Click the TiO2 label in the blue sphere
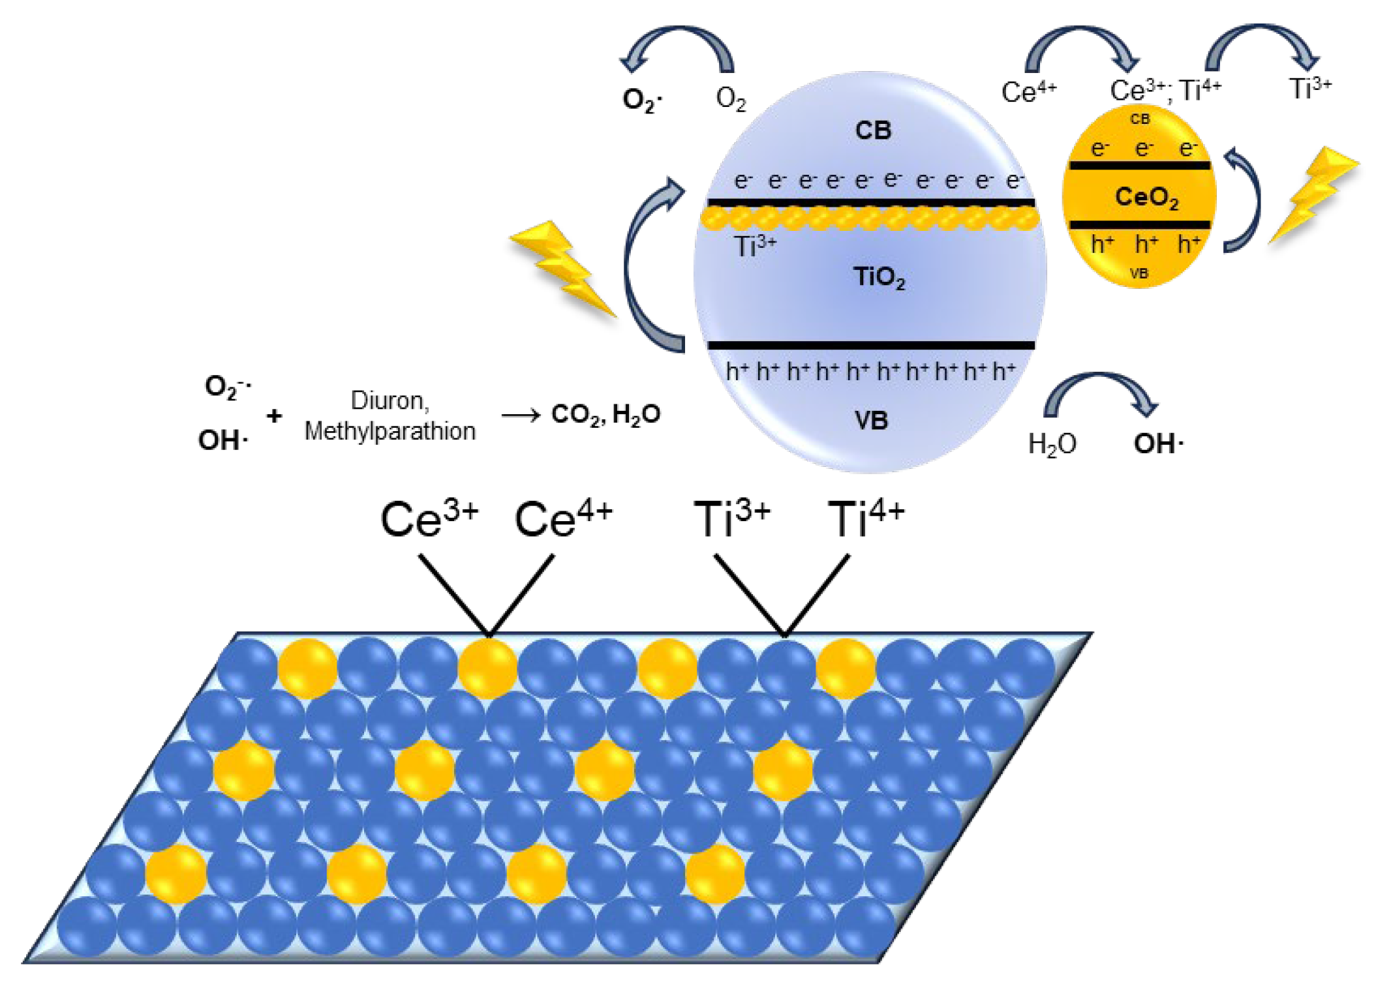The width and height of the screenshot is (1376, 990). (879, 277)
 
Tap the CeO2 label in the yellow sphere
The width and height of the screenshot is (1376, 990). (1146, 197)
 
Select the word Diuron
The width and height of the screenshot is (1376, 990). (390, 400)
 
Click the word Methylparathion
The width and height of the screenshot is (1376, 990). (390, 431)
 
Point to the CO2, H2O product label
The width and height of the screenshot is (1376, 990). (605, 414)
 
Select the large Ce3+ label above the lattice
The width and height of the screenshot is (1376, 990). (429, 520)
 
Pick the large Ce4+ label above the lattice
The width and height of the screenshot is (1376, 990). (563, 520)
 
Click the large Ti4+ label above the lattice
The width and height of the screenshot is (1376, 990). (866, 520)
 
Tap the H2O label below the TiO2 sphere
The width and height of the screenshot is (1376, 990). (1051, 444)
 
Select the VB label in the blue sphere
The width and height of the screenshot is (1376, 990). (871, 421)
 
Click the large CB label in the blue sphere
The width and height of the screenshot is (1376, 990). (873, 130)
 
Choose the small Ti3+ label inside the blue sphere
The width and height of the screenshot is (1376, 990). (755, 247)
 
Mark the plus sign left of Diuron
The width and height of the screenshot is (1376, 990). (275, 415)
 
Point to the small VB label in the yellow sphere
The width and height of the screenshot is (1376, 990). (1139, 273)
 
